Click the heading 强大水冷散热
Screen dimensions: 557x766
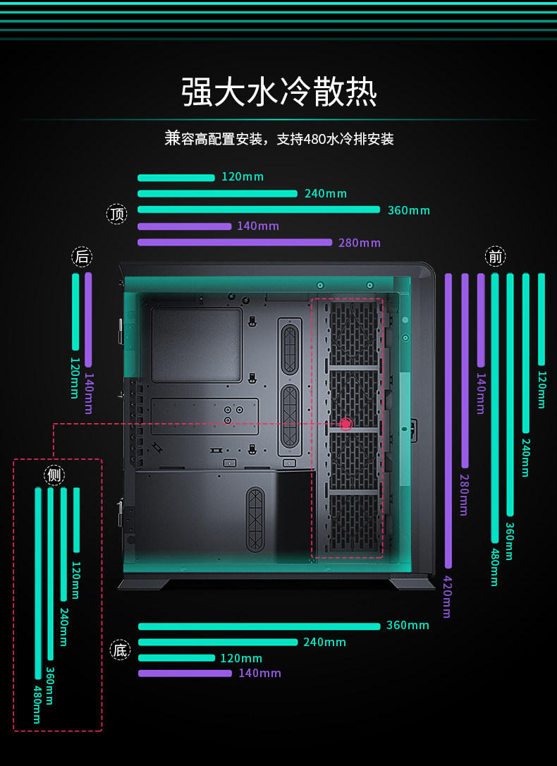click(279, 92)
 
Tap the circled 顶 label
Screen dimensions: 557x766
click(117, 214)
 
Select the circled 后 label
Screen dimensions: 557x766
click(82, 256)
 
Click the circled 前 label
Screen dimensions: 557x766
click(496, 256)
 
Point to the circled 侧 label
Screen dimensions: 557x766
click(54, 475)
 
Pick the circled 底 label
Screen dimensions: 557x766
click(121, 650)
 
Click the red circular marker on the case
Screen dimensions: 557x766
click(345, 424)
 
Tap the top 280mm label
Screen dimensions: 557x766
click(360, 243)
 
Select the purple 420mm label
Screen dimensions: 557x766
click(446, 597)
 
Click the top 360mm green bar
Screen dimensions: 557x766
click(259, 209)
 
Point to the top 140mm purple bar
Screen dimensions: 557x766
click(184, 226)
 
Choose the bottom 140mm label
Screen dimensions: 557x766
click(259, 673)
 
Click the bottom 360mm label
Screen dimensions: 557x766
click(408, 625)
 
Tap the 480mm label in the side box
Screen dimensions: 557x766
click(37, 703)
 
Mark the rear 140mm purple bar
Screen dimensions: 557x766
click(88, 320)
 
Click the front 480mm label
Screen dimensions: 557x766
click(494, 566)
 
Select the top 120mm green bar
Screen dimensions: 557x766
click(176, 178)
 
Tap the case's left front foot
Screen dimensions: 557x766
click(144, 583)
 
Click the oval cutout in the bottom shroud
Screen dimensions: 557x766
click(255, 519)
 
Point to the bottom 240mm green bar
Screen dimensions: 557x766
click(218, 642)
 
